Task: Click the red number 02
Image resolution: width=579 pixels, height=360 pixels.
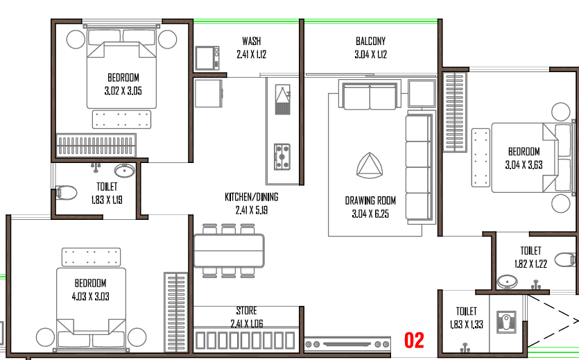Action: tap(414, 340)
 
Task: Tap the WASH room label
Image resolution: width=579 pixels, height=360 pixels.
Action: tap(252, 41)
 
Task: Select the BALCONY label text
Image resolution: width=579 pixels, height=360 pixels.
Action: tap(371, 41)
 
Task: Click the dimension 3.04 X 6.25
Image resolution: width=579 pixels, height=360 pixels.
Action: tap(370, 214)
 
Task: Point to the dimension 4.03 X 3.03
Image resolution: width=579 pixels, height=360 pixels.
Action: tap(90, 296)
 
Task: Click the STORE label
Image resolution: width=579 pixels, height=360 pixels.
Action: tap(246, 311)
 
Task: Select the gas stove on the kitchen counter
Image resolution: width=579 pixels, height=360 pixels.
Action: tap(282, 157)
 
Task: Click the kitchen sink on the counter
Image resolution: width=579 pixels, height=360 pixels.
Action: tap(282, 99)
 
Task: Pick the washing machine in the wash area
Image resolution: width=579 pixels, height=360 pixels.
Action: tap(207, 58)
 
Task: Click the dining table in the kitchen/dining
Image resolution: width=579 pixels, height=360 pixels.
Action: tap(229, 250)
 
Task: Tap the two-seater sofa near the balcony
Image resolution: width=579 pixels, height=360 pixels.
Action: tap(370, 96)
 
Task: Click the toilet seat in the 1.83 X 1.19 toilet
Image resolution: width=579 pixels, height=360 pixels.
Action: tap(66, 192)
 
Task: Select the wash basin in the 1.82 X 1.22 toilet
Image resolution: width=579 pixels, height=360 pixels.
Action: tap(507, 282)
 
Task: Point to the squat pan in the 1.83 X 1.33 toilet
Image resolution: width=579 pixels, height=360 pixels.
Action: tap(506, 322)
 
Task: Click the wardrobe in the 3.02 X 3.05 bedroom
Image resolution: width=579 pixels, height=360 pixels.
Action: tap(96, 145)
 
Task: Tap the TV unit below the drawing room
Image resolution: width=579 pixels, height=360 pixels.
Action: tap(347, 344)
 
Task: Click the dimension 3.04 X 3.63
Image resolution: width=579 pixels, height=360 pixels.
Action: tap(524, 164)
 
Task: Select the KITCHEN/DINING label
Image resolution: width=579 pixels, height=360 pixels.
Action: tap(252, 197)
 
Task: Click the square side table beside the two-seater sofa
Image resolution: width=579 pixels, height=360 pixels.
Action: tap(422, 93)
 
